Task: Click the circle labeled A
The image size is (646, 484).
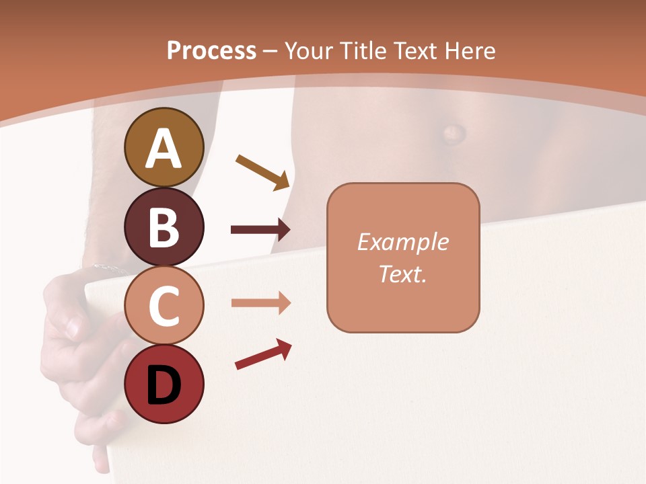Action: [164, 147]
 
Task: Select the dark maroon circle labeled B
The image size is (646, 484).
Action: [164, 227]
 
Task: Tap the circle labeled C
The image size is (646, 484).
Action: [164, 305]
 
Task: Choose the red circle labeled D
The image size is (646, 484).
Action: [164, 384]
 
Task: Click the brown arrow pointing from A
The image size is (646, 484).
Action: [262, 171]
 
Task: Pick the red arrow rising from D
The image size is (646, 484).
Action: [263, 354]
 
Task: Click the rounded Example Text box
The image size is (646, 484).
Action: [403, 257]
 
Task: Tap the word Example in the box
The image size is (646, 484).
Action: [403, 242]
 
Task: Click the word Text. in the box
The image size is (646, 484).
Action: [403, 274]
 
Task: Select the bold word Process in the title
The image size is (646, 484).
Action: [211, 50]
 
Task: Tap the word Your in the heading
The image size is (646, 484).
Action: [308, 50]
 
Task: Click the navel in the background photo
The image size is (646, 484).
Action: [452, 131]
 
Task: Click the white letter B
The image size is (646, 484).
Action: [164, 227]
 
